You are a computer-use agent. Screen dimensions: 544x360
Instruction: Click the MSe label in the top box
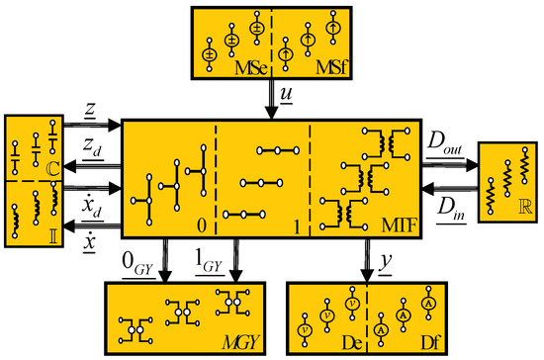pos(251,68)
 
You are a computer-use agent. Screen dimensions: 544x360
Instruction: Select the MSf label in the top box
pos(331,67)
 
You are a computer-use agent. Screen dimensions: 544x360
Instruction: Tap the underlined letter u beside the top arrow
pos(286,94)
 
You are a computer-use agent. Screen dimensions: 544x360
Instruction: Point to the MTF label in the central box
pos(399,225)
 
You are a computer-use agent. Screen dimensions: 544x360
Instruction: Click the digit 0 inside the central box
pos(202,225)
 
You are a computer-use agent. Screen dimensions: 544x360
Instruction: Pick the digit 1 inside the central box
pos(297,227)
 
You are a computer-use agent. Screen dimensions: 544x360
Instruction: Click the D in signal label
pos(451,209)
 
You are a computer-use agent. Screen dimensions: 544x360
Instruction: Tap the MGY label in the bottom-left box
pos(240,343)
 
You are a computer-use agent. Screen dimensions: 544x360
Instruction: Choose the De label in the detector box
pos(352,343)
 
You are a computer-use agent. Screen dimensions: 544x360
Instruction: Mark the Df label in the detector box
pos(430,343)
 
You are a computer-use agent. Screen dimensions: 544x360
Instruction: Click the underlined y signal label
pos(385,263)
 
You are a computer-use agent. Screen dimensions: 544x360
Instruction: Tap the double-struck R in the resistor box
pos(525,207)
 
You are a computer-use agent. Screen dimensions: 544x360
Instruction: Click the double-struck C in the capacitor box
pos(53,169)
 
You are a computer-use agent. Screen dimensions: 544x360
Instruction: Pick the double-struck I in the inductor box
pos(53,237)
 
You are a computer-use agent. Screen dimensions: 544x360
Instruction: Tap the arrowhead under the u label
pos(272,114)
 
